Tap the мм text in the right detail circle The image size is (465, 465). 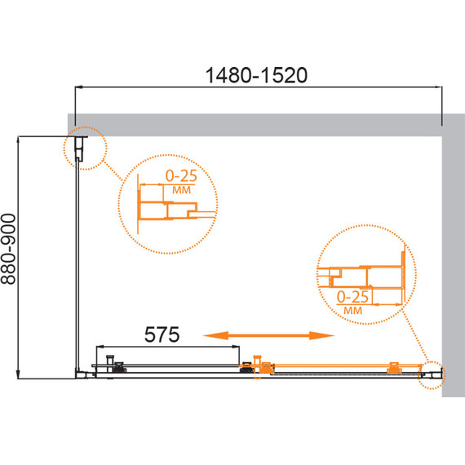click(x=353, y=310)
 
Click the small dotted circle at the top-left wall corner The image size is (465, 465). click(x=84, y=148)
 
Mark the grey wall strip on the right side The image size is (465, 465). click(x=453, y=261)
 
